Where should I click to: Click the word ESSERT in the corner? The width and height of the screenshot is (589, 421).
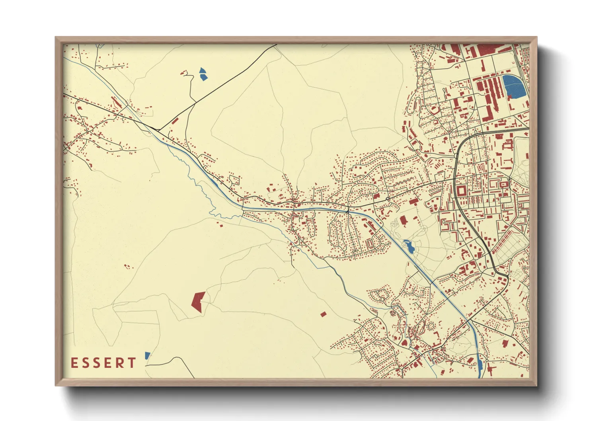103,363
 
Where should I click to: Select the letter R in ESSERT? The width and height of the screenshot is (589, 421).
119,363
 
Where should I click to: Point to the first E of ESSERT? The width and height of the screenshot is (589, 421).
74,363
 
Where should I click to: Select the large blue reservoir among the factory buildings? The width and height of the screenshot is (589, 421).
514,86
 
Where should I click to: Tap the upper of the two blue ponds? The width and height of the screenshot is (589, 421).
203,70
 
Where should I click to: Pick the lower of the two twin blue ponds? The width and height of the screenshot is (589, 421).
204,77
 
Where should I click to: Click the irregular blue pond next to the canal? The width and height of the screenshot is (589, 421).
409,247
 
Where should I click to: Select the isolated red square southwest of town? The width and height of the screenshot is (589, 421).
323,314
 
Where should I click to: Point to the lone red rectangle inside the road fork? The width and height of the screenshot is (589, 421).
175,120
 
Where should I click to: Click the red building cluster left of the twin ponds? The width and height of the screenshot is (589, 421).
184,73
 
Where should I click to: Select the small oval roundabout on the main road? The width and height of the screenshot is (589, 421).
387,198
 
